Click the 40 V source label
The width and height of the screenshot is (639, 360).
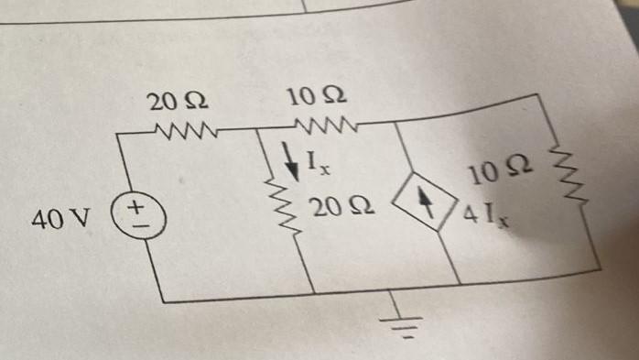click(x=60, y=220)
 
